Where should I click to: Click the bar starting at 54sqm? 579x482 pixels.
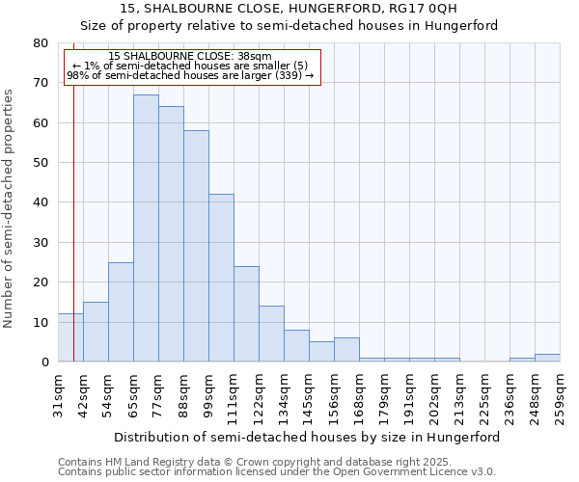[121, 312]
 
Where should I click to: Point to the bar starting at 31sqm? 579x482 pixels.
[70, 337]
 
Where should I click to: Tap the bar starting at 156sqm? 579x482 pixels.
[346, 350]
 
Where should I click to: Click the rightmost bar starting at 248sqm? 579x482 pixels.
[547, 358]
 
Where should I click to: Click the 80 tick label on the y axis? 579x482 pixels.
[40, 43]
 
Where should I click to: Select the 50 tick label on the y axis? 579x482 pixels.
[40, 163]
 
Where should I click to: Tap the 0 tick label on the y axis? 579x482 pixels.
[43, 362]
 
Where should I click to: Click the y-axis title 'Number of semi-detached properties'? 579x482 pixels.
[10, 208]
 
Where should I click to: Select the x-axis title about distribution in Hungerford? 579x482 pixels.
[307, 437]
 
